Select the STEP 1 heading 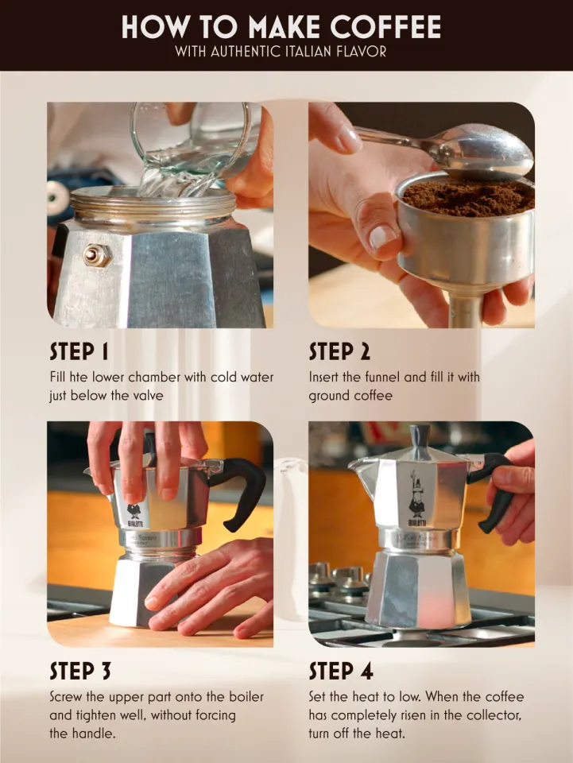tap(79, 351)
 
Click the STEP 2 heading tap(339, 351)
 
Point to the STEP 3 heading tap(79, 671)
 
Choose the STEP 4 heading tap(340, 671)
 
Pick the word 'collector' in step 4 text tap(494, 715)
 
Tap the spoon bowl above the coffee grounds tap(486, 152)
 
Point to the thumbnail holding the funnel tap(384, 237)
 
